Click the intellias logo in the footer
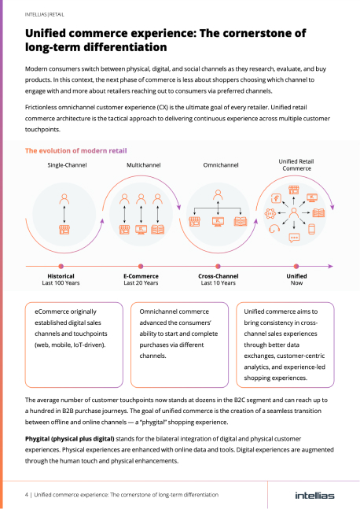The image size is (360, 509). (x=314, y=496)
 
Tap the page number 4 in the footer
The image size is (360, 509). (x=27, y=495)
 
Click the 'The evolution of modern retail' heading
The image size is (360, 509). (x=76, y=150)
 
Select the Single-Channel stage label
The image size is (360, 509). (x=67, y=165)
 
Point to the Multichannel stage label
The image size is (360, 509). (x=143, y=165)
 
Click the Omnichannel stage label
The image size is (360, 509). (x=221, y=165)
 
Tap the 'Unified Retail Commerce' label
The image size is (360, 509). (x=296, y=165)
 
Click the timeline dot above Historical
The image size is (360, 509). (x=61, y=266)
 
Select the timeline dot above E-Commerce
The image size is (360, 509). (x=141, y=266)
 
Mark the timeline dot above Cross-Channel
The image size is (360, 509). (x=218, y=266)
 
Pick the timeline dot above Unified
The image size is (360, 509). (x=296, y=266)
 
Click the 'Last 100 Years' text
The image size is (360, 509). (x=61, y=283)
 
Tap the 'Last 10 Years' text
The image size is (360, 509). (x=218, y=283)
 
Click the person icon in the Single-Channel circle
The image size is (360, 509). (x=64, y=199)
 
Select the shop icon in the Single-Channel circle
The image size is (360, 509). (x=64, y=230)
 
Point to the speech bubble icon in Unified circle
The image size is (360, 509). (x=294, y=238)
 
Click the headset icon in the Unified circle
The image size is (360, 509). (x=274, y=228)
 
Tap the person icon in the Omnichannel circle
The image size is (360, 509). (x=218, y=195)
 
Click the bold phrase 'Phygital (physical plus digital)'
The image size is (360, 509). (x=70, y=439)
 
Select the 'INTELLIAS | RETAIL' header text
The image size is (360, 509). (x=45, y=15)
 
